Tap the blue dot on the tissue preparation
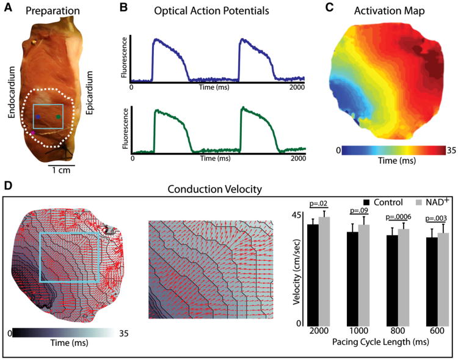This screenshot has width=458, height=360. (38, 116)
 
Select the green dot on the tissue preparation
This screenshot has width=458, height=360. (58, 116)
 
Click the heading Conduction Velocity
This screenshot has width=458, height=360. (230, 185)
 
